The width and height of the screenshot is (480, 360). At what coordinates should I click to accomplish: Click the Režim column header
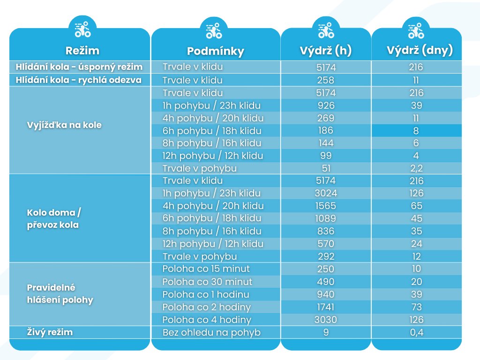point(82,51)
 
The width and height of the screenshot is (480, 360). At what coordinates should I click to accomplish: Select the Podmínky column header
point(215,51)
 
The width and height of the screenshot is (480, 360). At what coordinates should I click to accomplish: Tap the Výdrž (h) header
point(326,51)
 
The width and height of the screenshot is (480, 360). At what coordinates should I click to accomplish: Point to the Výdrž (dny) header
point(416,51)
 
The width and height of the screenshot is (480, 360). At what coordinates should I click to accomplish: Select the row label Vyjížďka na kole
point(64,125)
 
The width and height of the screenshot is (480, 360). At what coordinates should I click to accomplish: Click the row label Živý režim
point(50,332)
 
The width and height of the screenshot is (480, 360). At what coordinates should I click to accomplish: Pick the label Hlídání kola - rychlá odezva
point(78,80)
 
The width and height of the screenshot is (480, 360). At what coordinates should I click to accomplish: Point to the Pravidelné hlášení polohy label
point(60,293)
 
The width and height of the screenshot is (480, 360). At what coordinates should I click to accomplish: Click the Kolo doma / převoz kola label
point(54,219)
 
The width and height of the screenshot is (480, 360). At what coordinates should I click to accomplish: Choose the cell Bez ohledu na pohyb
point(210,333)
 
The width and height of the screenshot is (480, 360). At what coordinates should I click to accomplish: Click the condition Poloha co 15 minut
point(206,269)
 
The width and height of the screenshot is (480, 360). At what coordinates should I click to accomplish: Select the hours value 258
point(326,80)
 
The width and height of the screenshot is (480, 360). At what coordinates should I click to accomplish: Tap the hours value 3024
point(326,193)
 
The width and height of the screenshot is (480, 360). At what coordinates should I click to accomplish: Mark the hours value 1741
point(326,307)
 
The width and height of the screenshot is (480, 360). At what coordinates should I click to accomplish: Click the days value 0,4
point(416,333)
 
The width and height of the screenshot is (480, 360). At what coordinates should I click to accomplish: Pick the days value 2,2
point(416,168)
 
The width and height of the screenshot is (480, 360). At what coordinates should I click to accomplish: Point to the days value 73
point(416,307)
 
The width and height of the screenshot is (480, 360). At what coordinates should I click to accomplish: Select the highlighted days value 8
point(416,131)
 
